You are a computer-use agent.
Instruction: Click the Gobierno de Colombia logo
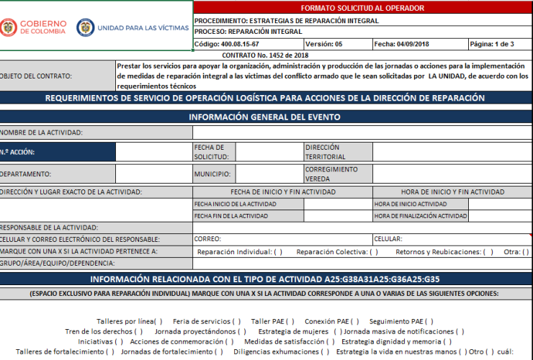coord(33,28)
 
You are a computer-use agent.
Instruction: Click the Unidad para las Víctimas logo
coord(133,28)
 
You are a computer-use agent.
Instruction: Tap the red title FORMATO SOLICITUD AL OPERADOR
coord(362,8)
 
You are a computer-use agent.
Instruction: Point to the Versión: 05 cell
coord(324,44)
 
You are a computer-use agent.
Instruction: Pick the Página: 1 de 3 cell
coord(492,44)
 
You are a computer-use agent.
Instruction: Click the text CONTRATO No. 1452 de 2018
coord(265,55)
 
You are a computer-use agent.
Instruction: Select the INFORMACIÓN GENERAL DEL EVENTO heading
coord(264,117)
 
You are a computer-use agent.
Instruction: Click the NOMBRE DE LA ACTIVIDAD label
coord(41,132)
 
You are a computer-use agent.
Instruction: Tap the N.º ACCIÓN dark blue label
coord(17,152)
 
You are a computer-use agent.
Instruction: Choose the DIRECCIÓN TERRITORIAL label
coord(325,152)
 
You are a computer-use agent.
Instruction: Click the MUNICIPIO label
coord(212,174)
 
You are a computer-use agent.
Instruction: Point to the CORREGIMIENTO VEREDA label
coord(331,174)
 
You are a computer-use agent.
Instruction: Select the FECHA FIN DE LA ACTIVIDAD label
coord(231,216)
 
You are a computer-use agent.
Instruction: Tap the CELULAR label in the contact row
coord(388,239)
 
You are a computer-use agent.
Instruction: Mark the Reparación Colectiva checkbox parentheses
coord(374,252)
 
